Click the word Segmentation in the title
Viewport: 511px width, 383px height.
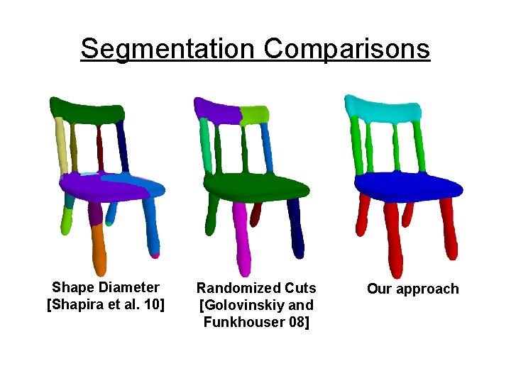[x=167, y=50]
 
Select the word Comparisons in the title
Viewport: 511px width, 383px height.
[x=346, y=50]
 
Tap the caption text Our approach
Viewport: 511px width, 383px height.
[x=412, y=289]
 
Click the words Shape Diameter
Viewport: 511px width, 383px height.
[x=106, y=287]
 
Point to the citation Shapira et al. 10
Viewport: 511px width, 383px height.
[x=106, y=305]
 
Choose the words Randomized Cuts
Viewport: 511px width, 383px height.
[x=256, y=288]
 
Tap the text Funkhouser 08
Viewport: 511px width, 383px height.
[x=256, y=322]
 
